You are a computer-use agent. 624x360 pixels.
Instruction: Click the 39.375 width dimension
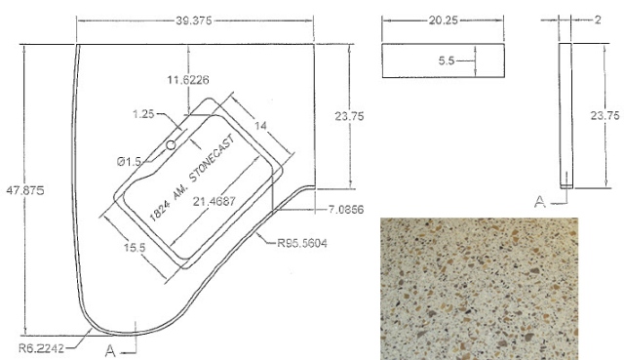click(194, 20)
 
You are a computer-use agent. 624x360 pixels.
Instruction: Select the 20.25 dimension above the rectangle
click(443, 20)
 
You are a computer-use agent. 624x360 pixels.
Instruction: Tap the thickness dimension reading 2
click(598, 20)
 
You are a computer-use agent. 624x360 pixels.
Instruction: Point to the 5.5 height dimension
click(447, 60)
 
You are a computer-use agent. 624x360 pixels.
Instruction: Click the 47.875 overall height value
click(24, 190)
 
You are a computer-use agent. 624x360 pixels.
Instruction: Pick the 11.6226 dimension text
click(188, 80)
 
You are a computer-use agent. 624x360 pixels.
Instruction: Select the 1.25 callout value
click(143, 114)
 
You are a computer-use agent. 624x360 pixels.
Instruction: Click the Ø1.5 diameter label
click(129, 161)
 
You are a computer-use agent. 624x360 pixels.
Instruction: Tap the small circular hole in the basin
click(171, 145)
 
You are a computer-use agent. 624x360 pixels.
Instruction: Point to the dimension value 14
click(260, 126)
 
